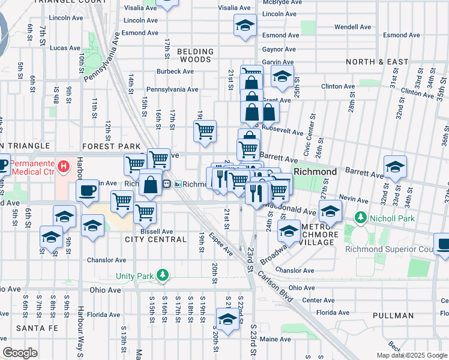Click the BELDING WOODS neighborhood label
click(x=194, y=56)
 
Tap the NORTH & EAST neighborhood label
click(x=377, y=62)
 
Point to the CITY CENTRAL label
click(x=155, y=239)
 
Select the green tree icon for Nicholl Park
click(x=360, y=217)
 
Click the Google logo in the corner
click(x=20, y=353)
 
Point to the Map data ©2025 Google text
click(x=411, y=355)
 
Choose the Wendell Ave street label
click(x=353, y=27)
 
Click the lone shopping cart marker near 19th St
click(x=205, y=131)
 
